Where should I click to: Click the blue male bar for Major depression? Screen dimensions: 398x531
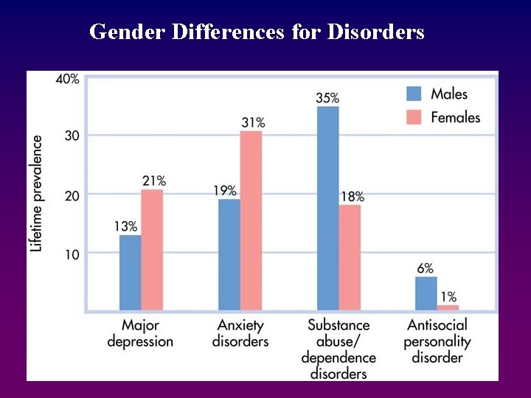click(x=130, y=272)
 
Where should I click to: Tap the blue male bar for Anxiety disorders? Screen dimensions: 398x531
click(x=229, y=254)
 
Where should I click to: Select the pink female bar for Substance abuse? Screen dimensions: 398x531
click(x=350, y=257)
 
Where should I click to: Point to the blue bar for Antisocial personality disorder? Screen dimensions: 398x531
click(x=426, y=293)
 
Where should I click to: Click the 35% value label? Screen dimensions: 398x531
click(x=327, y=97)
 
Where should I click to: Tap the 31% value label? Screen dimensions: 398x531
click(x=252, y=122)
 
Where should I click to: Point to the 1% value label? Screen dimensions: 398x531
click(x=448, y=297)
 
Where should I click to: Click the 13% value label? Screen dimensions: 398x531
click(x=125, y=226)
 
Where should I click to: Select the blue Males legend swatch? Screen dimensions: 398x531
click(x=414, y=94)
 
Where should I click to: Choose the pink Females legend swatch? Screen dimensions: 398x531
click(x=414, y=116)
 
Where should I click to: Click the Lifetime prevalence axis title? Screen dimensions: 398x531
click(x=36, y=193)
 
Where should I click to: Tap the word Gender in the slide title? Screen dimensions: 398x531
click(x=128, y=32)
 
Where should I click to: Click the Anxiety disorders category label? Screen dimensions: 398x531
click(x=240, y=333)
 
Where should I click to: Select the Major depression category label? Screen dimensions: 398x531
click(x=140, y=333)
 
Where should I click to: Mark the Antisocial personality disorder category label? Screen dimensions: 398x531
click(x=437, y=341)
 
